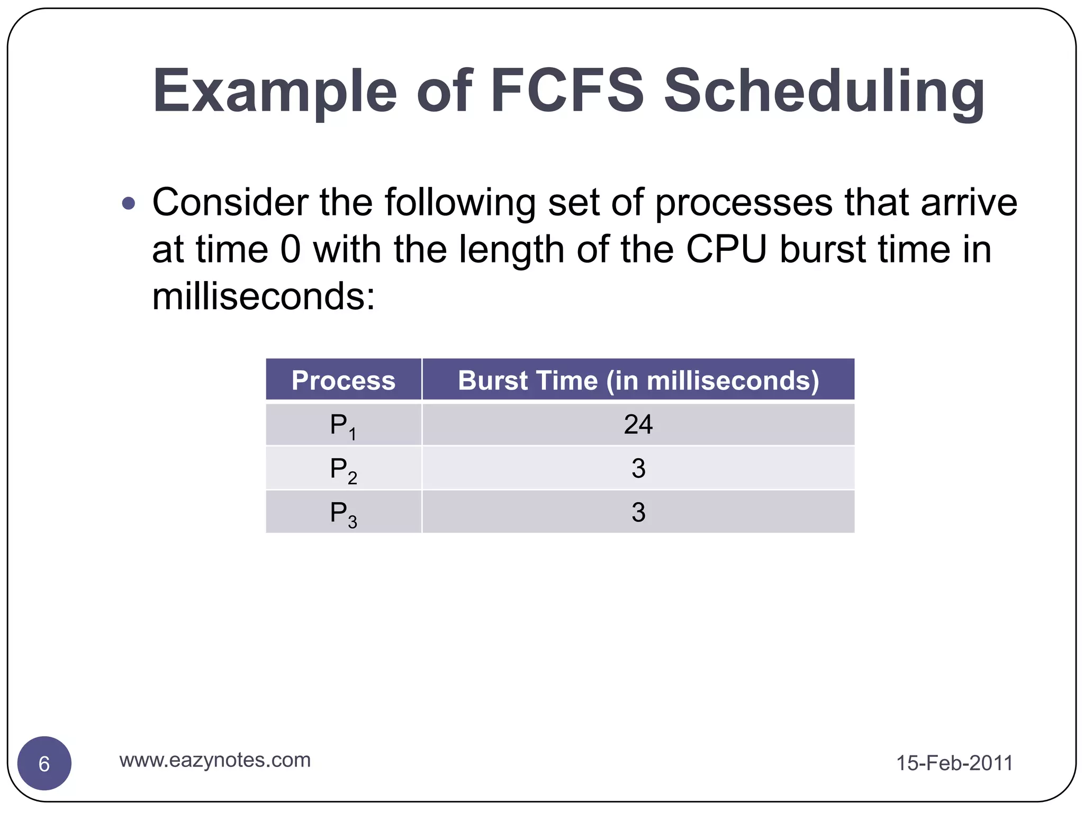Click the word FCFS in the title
567,91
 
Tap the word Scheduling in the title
824,91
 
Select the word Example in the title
274,91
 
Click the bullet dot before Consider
129,203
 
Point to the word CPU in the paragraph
726,249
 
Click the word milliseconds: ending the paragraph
263,296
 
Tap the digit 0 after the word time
290,249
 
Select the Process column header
344,380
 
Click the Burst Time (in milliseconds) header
638,380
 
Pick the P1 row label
343,426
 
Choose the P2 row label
343,469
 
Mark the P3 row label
343,513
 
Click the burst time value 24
638,424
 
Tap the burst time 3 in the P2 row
638,468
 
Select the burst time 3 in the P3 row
638,512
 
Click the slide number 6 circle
44,763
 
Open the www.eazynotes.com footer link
215,760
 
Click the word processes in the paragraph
743,203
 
